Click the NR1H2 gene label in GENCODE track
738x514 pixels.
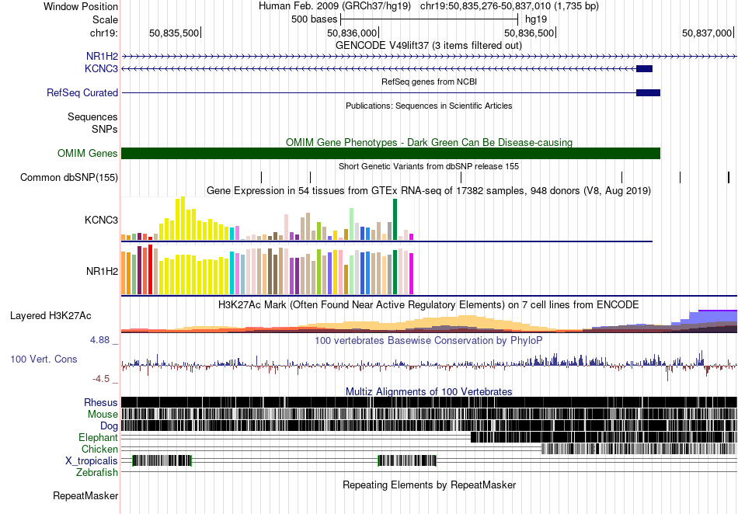102,57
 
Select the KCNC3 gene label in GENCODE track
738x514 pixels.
101,68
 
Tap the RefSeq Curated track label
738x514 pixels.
82,92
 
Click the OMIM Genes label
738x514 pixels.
88,153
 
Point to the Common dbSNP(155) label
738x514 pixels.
69,177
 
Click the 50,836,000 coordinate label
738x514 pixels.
352,33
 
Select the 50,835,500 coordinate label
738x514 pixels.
174,33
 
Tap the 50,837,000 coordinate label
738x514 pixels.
707,33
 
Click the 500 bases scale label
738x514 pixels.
315,19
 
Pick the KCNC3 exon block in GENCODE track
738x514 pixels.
644,68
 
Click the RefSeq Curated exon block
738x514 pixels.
648,92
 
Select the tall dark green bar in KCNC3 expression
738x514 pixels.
395,220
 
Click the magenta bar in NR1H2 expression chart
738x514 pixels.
412,274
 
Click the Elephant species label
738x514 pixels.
98,437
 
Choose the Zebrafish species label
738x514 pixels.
97,472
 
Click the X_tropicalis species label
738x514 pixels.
92,461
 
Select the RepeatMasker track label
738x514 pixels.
85,495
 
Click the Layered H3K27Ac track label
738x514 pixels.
50,315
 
